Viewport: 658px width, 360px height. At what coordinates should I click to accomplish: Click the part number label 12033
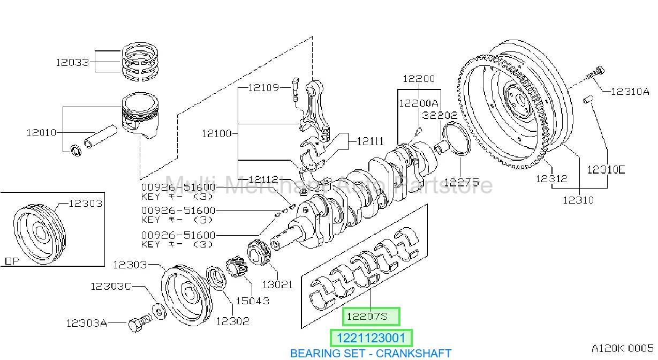[72, 62]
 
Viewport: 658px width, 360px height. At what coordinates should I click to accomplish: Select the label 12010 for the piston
[41, 133]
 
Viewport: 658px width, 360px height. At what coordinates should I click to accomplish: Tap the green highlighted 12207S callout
[371, 317]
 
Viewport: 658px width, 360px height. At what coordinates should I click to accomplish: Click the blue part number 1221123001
[371, 338]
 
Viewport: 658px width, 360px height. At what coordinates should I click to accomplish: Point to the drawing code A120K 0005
[622, 348]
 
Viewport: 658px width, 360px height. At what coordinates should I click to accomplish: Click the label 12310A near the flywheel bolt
[630, 92]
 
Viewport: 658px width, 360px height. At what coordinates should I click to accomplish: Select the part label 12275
[462, 183]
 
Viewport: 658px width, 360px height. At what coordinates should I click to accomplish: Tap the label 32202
[440, 115]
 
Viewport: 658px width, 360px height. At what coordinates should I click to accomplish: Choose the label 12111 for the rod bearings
[370, 141]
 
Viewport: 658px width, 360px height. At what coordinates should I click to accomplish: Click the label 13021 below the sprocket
[277, 284]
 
